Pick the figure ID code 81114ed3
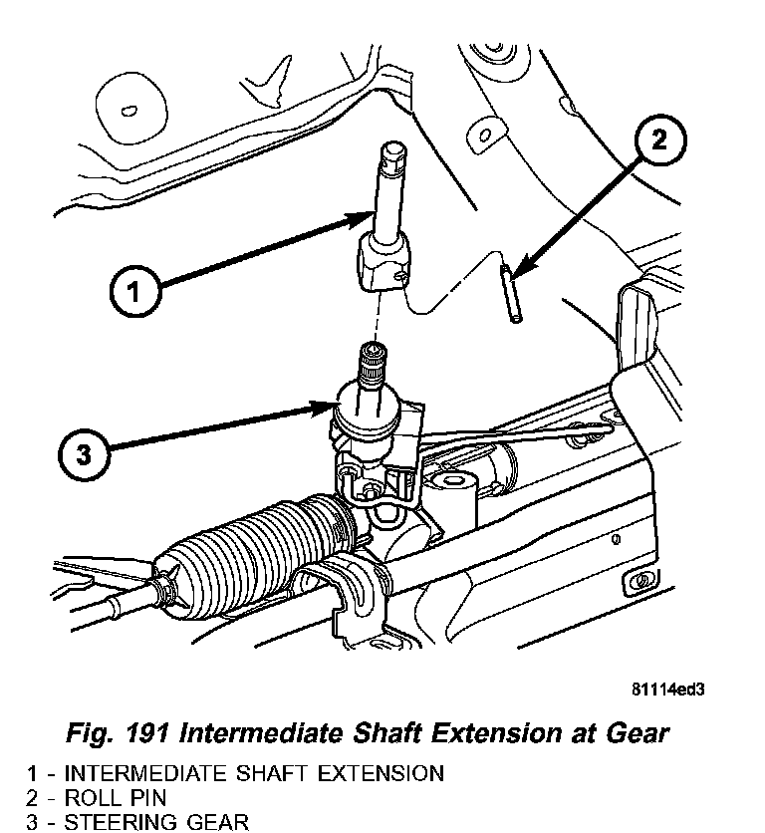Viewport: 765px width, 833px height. click(x=674, y=689)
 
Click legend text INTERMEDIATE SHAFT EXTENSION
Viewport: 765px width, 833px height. click(x=253, y=773)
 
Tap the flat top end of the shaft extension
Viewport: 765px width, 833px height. click(x=390, y=152)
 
